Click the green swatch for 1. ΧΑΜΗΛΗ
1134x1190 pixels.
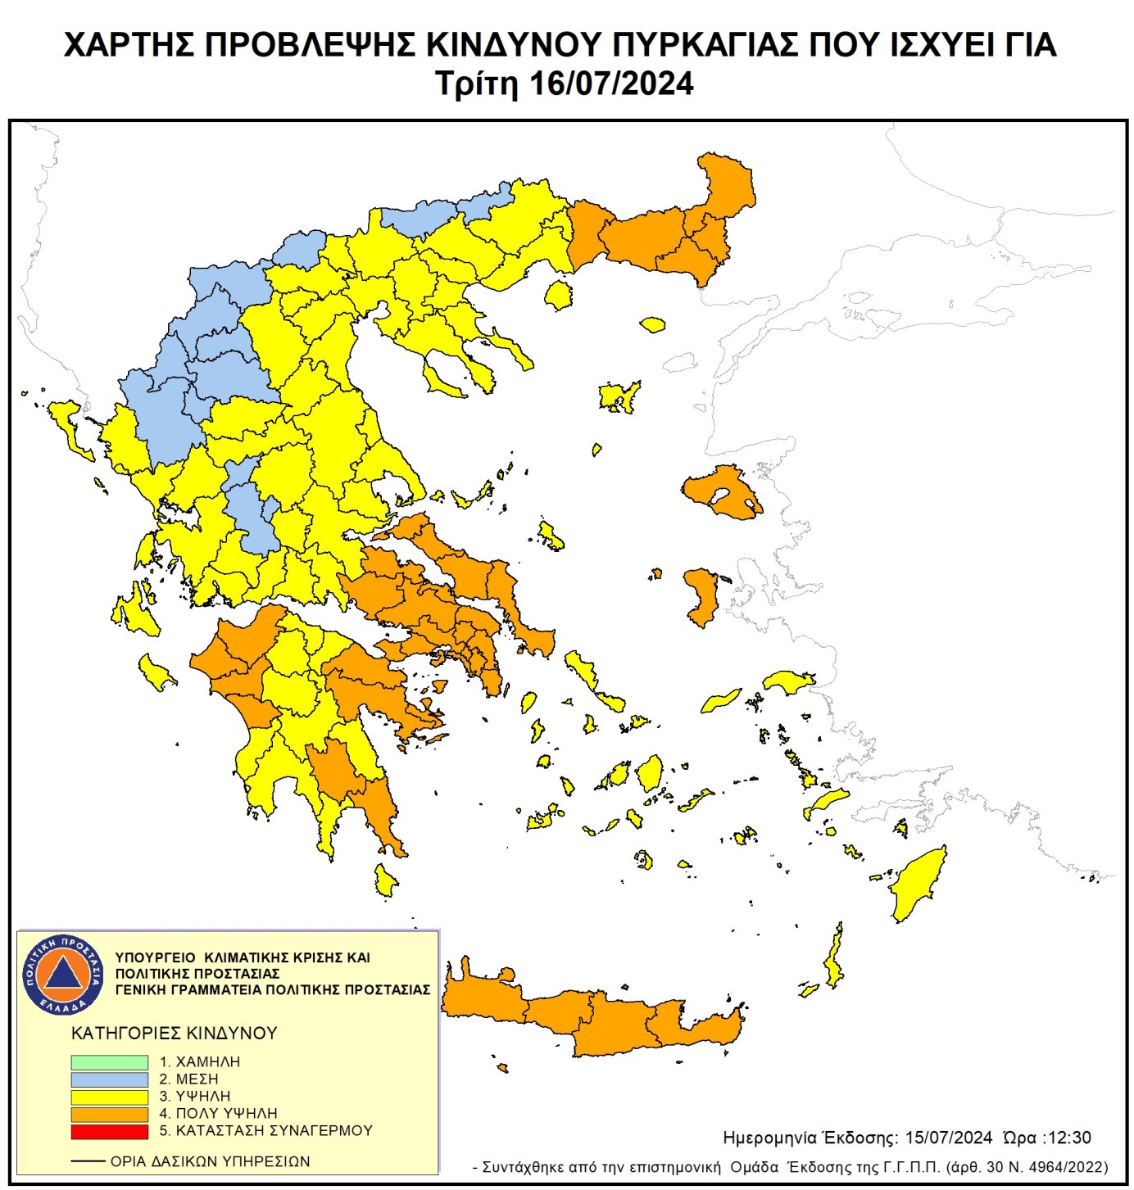tap(109, 1062)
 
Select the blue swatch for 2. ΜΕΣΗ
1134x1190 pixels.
tap(109, 1079)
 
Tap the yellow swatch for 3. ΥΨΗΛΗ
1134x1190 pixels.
tap(109, 1097)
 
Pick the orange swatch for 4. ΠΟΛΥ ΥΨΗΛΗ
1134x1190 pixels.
tap(109, 1114)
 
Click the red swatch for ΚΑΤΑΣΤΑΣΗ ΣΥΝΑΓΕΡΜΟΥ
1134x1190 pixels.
tap(109, 1131)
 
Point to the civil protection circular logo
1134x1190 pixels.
tap(63, 975)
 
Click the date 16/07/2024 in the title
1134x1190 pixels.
tap(611, 84)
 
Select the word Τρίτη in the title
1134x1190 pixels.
tap(477, 84)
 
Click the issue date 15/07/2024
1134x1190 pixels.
tap(949, 1138)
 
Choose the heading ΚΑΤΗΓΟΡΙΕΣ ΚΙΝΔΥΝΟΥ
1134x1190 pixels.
tap(175, 1034)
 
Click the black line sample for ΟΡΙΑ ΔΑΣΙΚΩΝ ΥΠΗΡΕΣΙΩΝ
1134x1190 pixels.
tap(88, 1161)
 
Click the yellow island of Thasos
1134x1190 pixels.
tap(559, 295)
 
